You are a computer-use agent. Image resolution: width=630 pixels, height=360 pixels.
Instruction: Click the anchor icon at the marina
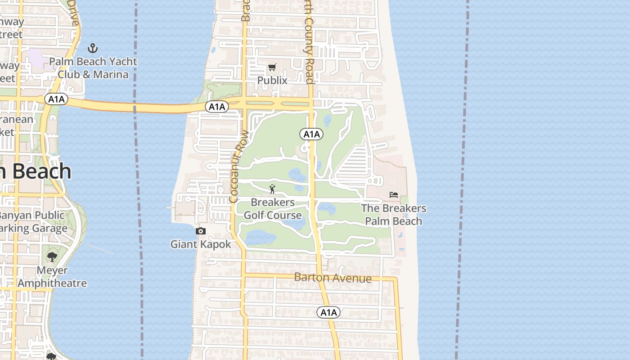pyautogui.click(x=93, y=48)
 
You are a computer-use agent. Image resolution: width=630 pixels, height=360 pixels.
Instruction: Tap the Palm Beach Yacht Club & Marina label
pyautogui.click(x=93, y=68)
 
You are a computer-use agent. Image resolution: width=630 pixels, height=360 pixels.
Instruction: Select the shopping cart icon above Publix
pyautogui.click(x=272, y=67)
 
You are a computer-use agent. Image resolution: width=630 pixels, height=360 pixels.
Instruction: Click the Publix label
pyautogui.click(x=272, y=81)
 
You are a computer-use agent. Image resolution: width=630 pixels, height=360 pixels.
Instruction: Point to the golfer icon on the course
pyautogui.click(x=272, y=189)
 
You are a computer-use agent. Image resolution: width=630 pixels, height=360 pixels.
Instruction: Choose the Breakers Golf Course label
pyautogui.click(x=273, y=209)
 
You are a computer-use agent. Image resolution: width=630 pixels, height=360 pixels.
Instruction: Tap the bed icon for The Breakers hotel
pyautogui.click(x=394, y=195)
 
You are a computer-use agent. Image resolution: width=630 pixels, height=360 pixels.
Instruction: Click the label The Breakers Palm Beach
pyautogui.click(x=394, y=215)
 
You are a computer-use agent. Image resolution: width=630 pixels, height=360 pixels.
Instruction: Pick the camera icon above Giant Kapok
pyautogui.click(x=201, y=231)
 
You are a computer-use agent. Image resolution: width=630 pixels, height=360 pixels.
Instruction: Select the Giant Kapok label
pyautogui.click(x=201, y=244)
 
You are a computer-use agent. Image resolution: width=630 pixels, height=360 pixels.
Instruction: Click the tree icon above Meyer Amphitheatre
pyautogui.click(x=52, y=257)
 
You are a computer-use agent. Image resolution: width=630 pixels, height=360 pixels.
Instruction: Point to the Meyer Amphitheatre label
pyautogui.click(x=52, y=277)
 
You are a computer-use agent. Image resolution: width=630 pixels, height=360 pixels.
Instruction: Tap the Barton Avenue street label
pyautogui.click(x=333, y=278)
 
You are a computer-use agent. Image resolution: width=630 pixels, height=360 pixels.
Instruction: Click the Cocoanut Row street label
pyautogui.click(x=238, y=166)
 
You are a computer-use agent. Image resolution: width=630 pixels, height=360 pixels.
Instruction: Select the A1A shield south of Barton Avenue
pyautogui.click(x=328, y=312)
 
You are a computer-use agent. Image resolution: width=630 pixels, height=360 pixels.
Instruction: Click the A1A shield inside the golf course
pyautogui.click(x=311, y=134)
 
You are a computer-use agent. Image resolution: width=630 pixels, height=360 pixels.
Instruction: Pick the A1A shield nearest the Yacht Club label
pyautogui.click(x=56, y=99)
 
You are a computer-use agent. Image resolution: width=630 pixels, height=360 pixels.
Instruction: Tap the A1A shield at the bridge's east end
pyautogui.click(x=217, y=107)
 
